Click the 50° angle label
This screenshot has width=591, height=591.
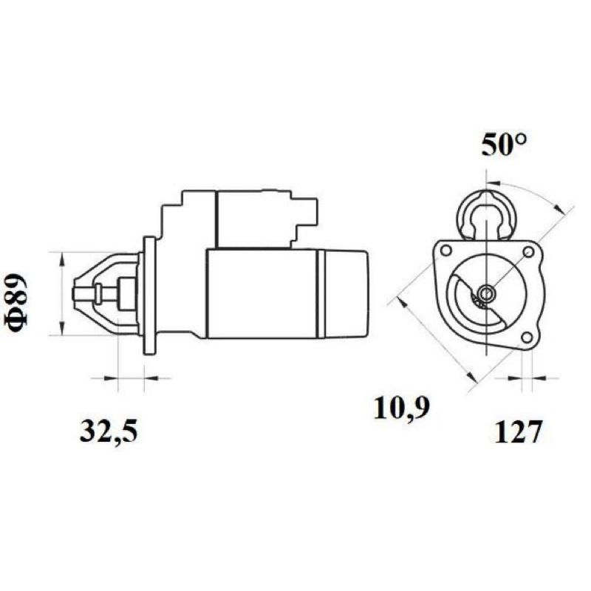coord(504,145)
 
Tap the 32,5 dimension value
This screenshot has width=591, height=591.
coord(109,431)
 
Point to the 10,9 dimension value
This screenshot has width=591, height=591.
coord(402,408)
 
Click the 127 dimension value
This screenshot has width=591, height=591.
coord(518,431)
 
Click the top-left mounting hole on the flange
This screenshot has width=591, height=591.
coord(446,250)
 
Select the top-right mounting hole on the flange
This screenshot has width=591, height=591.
coord(528,251)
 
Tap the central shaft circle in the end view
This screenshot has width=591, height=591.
coord(486,292)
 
